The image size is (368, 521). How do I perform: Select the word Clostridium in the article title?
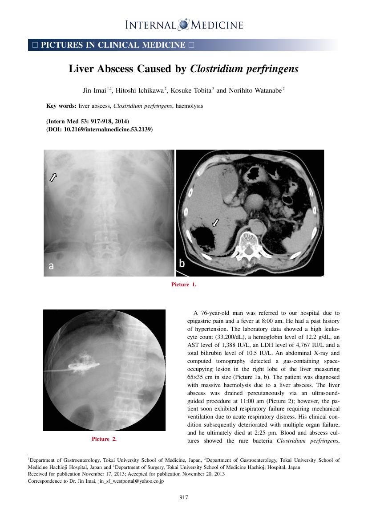click(x=212, y=69)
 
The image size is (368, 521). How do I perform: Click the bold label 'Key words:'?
click(x=61, y=106)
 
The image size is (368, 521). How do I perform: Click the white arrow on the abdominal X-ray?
click(x=53, y=177)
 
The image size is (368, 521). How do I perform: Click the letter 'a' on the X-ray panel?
click(x=51, y=266)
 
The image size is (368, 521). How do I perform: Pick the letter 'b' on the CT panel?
click(x=182, y=264)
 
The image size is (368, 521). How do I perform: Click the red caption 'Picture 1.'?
click(x=183, y=285)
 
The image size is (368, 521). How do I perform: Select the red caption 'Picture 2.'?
click(x=104, y=439)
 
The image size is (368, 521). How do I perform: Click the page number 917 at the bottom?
click(x=184, y=497)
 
